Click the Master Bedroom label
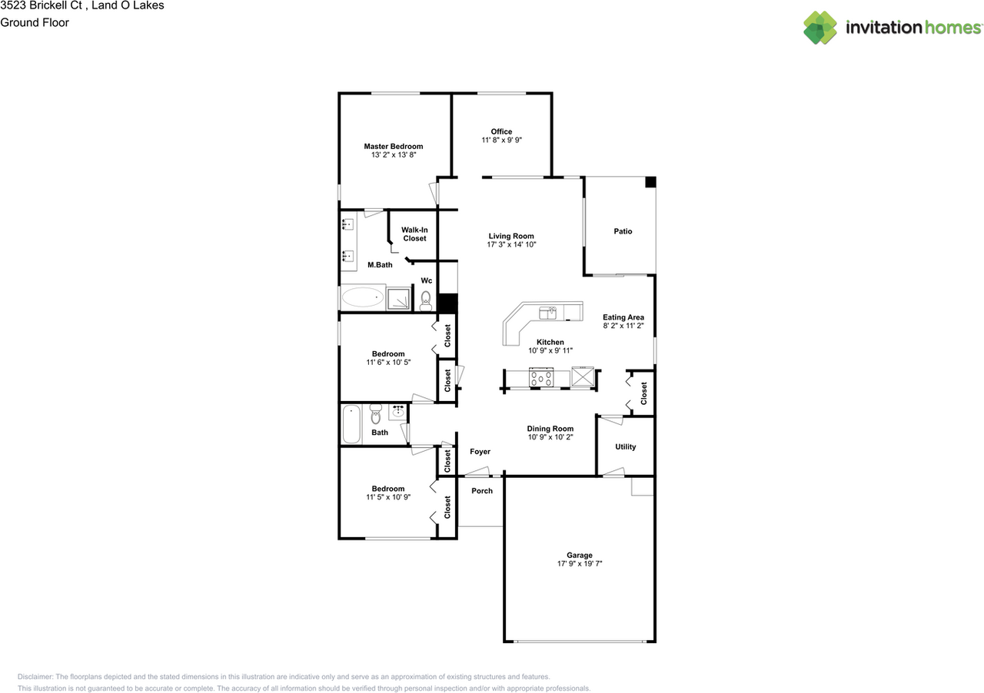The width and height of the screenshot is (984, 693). (393, 146)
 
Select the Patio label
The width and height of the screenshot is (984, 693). (623, 231)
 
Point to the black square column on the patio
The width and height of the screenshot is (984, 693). (650, 182)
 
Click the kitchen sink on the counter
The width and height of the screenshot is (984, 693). (549, 312)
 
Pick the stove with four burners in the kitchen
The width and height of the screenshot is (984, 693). (541, 377)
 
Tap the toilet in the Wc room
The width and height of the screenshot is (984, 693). (426, 300)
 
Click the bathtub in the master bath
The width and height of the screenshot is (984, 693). (363, 298)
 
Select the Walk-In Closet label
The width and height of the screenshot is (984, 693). (414, 234)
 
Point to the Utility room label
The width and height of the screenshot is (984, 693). (626, 447)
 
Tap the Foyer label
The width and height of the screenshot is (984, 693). (480, 452)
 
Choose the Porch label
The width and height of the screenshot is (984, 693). (482, 491)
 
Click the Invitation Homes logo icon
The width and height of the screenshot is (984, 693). (820, 28)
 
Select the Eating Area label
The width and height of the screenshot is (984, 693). (623, 317)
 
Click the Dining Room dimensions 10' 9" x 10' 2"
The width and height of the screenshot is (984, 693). (550, 438)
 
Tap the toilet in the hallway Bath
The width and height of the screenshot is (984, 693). (376, 415)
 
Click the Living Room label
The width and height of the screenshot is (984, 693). (511, 237)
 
